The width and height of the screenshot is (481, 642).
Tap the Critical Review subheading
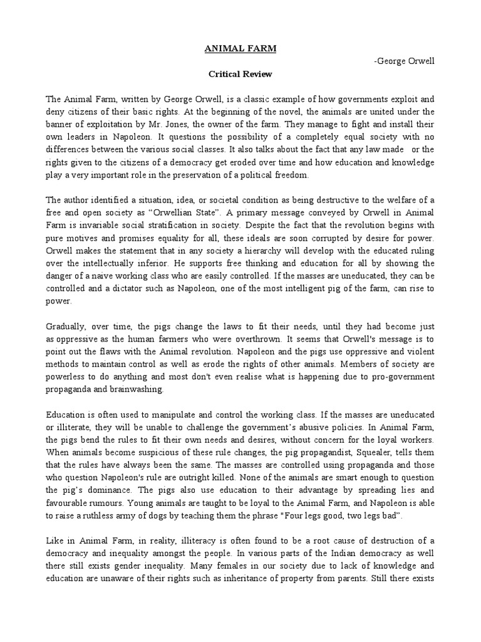coord(240,74)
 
